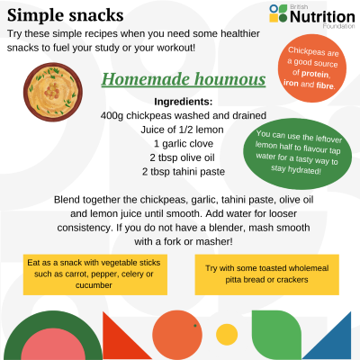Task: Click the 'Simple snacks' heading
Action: coord(65,15)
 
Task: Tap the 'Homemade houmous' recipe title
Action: coord(184,79)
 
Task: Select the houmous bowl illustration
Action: coord(53,92)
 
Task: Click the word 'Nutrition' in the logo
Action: coord(322,17)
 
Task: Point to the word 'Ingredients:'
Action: coord(184,102)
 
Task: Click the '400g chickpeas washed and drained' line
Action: coord(184,116)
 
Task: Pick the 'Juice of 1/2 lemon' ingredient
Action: coord(183,130)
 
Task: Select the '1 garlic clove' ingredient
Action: coord(184,144)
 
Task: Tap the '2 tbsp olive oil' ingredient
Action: coord(183,157)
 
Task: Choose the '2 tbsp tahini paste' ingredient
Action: coord(184,172)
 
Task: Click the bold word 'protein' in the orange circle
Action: coord(315,74)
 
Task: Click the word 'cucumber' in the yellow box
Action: coord(94,285)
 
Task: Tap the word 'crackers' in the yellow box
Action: coord(292,280)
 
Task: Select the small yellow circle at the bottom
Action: coord(227,335)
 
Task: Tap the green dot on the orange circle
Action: coord(195,326)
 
